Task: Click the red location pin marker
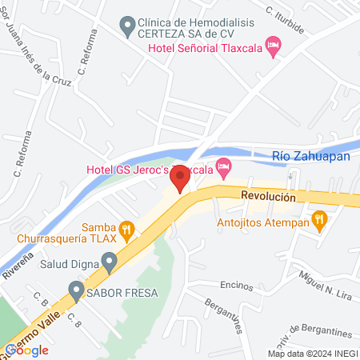pyautogui.click(x=181, y=178)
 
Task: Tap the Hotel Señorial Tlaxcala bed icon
pyautogui.click(x=273, y=47)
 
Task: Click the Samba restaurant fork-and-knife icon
pyautogui.click(x=125, y=227)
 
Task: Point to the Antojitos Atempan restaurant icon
pyautogui.click(x=319, y=218)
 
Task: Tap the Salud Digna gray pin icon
pyautogui.click(x=110, y=260)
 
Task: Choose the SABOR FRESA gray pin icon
pyautogui.click(x=76, y=290)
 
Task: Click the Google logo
pyautogui.click(x=26, y=350)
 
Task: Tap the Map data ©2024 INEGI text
pyautogui.click(x=312, y=354)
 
